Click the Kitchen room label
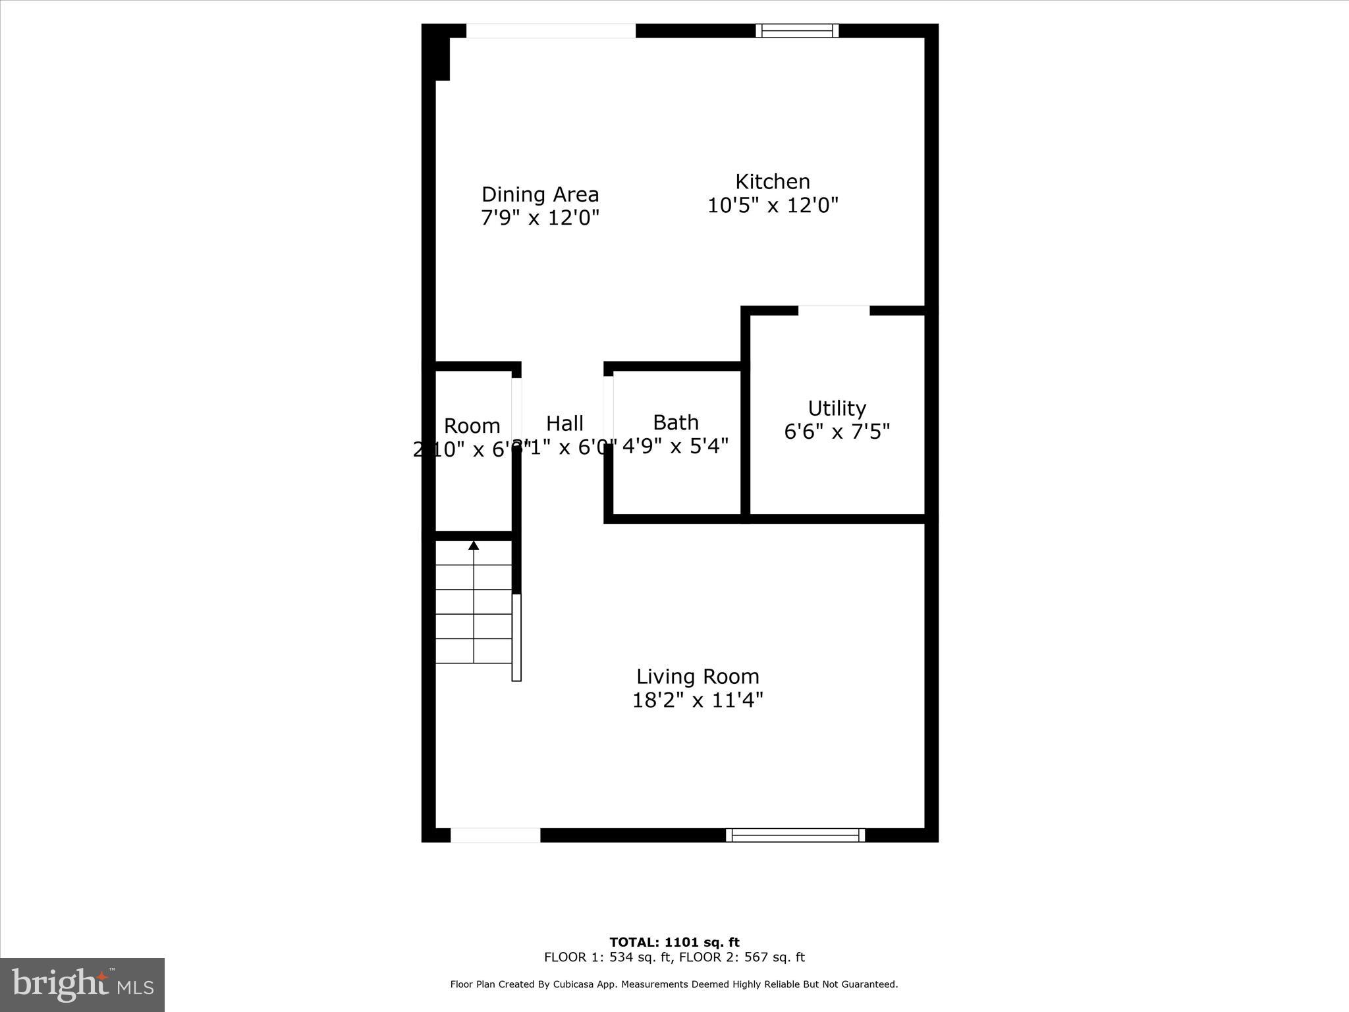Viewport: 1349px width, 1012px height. [x=772, y=181]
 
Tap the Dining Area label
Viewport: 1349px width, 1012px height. [x=540, y=194]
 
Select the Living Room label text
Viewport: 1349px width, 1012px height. [x=698, y=676]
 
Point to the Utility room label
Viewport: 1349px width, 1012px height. [x=837, y=408]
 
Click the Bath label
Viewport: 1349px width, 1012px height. [x=676, y=422]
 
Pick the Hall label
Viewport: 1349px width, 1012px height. [x=564, y=423]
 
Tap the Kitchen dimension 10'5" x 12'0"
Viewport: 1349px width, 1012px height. [x=772, y=206]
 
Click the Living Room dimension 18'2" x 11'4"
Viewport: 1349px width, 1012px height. [x=698, y=700]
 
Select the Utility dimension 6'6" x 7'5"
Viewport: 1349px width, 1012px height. [x=837, y=432]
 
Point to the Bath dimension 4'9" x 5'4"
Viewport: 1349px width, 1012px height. [x=676, y=446]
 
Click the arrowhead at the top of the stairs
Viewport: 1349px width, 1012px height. [x=474, y=545]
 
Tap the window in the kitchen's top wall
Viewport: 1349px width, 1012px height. [x=797, y=30]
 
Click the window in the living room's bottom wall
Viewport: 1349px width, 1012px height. [x=795, y=835]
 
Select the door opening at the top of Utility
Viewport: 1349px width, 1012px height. [x=834, y=310]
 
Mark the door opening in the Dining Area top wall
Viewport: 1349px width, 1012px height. [x=551, y=31]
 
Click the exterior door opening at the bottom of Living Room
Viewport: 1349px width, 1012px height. [x=495, y=835]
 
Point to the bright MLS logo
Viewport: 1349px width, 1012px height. [x=82, y=984]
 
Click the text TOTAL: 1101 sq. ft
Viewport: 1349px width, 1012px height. [x=674, y=942]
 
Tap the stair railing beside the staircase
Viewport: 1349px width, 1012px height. [x=517, y=637]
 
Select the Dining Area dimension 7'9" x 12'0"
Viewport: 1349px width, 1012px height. [x=540, y=218]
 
